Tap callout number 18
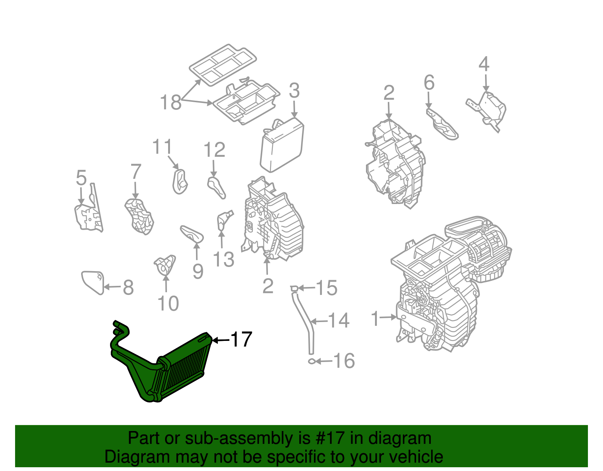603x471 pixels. point(170,102)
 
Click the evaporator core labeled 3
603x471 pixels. point(282,145)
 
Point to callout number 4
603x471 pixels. point(484,64)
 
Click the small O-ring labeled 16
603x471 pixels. point(312,361)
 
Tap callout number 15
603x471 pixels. point(326,288)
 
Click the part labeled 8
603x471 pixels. point(92,282)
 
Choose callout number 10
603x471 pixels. point(168,304)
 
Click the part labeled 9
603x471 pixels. point(192,234)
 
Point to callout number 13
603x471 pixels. point(223,259)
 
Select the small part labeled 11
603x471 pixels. point(180,182)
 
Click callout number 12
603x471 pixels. point(214,150)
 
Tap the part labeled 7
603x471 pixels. point(139,217)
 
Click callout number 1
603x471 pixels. point(375,319)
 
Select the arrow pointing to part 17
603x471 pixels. point(221,340)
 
